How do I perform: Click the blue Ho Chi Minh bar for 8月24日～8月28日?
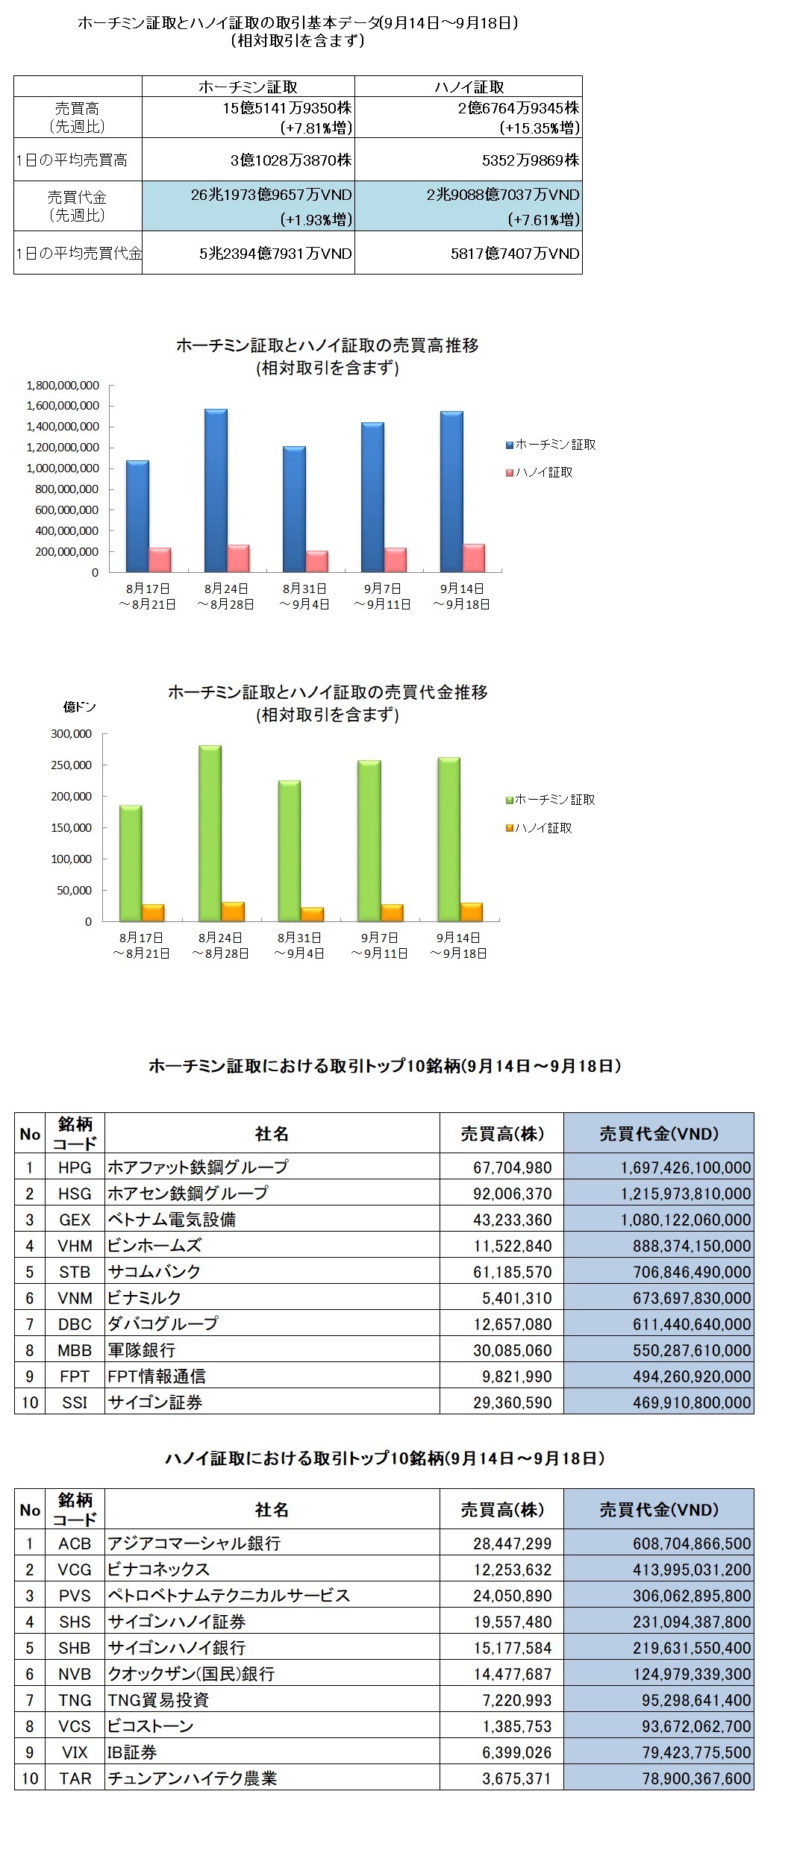[216, 490]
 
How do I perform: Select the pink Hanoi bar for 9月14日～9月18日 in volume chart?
[473, 558]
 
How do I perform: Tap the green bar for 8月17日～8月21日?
[131, 863]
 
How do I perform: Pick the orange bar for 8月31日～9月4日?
[311, 914]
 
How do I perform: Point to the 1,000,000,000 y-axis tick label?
[62, 468]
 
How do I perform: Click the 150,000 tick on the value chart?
[71, 828]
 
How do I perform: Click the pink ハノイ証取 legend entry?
[540, 472]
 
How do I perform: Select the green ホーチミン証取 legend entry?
[551, 800]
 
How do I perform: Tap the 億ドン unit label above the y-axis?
[79, 707]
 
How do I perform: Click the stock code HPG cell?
[75, 1167]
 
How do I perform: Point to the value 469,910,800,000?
[687, 1402]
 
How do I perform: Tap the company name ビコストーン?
[151, 1726]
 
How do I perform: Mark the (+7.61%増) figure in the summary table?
[543, 219]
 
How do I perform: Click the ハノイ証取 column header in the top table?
[469, 87]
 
